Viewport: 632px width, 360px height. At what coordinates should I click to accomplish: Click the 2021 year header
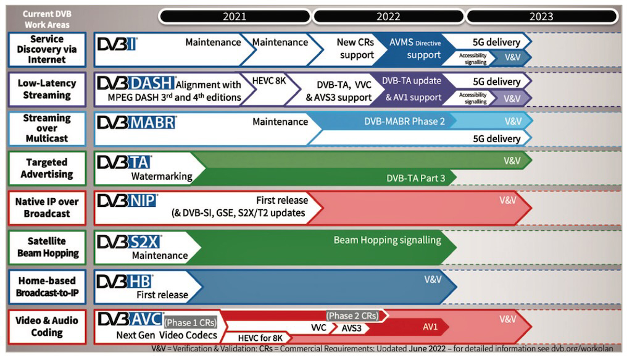235,17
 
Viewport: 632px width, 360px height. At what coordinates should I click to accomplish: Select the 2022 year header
388,17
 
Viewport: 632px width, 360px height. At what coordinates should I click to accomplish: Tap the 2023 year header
541,17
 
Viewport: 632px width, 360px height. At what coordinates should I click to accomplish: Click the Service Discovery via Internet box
47,49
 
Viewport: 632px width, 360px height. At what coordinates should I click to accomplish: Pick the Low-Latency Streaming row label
47,89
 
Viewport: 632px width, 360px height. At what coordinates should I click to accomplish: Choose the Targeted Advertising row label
47,168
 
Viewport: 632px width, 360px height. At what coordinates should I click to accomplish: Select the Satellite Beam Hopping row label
47,247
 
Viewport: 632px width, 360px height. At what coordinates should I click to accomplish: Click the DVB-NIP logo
127,201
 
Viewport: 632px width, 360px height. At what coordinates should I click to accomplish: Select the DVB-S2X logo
129,241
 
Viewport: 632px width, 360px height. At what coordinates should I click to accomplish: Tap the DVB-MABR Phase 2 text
404,122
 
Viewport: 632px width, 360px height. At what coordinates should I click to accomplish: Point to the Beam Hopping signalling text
387,240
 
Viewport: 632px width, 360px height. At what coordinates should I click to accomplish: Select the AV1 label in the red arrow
430,328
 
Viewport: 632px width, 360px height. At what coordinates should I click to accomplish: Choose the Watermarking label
162,177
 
